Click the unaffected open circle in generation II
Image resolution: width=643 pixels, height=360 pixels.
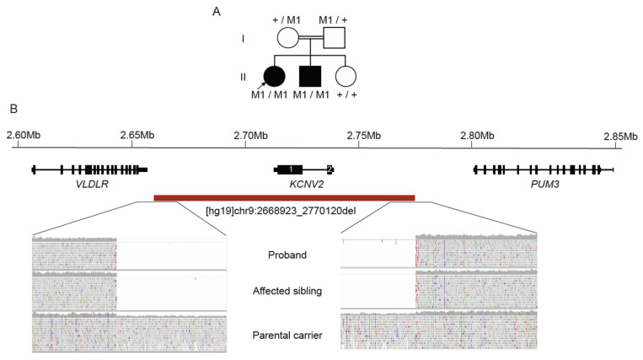(346, 76)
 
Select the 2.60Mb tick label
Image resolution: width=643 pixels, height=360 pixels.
(23, 135)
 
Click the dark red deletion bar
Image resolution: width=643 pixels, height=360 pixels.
(284, 198)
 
